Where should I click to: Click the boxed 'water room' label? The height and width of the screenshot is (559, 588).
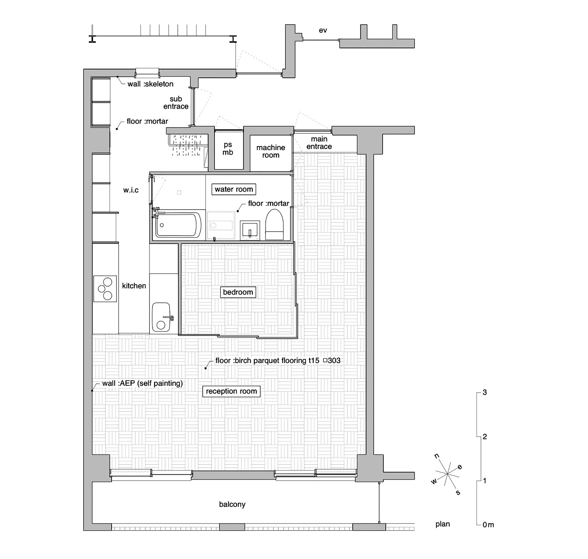pos(233,189)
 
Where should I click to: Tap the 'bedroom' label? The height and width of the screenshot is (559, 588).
pos(238,292)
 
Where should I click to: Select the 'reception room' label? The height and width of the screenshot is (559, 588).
pos(231,391)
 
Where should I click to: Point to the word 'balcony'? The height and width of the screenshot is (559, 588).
pos(232,504)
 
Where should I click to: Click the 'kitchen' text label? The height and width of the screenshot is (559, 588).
pos(134,286)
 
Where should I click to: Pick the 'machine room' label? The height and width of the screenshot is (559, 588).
pos(270,151)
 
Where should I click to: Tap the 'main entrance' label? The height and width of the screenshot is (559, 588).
pos(319,143)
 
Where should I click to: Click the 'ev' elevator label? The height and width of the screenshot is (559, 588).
pos(323,30)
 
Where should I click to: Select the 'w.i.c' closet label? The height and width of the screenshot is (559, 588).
pos(131,190)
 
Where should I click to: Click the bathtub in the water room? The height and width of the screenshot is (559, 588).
pos(178,225)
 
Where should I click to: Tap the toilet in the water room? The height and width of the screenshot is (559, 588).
pos(274,224)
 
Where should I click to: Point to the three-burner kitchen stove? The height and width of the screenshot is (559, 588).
pos(105,289)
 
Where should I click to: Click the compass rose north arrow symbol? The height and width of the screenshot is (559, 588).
pos(447,473)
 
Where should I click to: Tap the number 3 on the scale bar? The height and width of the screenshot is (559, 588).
pos(485,393)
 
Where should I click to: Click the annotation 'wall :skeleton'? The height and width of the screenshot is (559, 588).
pos(151,84)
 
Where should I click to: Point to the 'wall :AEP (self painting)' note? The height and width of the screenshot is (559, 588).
pos(142,383)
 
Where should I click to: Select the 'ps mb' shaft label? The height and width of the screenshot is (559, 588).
pos(228,148)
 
